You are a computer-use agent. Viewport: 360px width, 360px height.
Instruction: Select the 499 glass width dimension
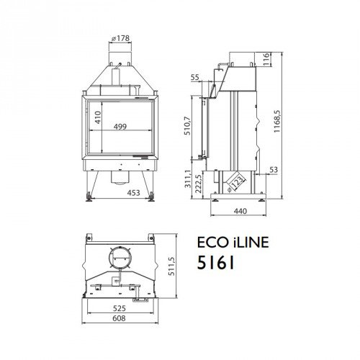(122, 128)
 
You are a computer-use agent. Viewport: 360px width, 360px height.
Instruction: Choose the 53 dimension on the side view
(274, 170)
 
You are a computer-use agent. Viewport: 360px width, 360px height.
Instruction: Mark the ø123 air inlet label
(230, 181)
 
